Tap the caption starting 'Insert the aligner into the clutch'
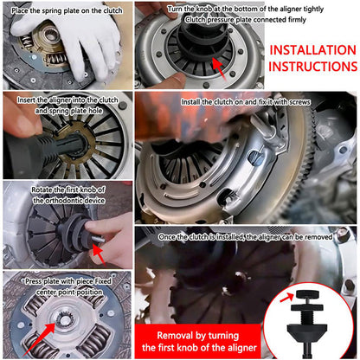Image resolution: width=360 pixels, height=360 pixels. [x=67, y=100]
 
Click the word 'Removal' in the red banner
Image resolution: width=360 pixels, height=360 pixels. [x=177, y=332]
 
